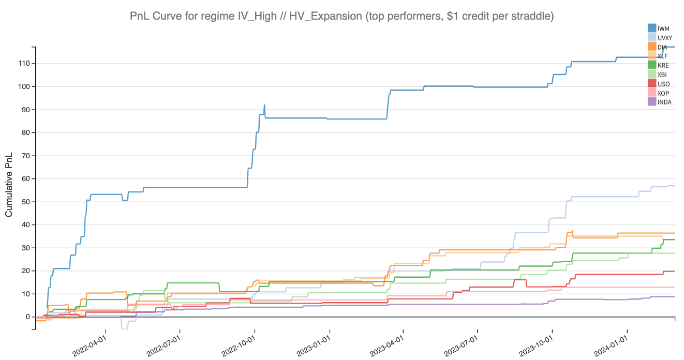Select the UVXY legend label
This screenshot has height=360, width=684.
(x=665, y=38)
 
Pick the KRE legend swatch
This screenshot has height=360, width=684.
(x=652, y=65)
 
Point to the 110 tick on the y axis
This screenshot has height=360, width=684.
(x=25, y=64)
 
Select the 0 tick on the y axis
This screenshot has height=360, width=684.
(x=28, y=317)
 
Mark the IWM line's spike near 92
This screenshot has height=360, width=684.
(x=264, y=106)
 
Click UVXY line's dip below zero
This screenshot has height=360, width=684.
(x=124, y=328)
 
